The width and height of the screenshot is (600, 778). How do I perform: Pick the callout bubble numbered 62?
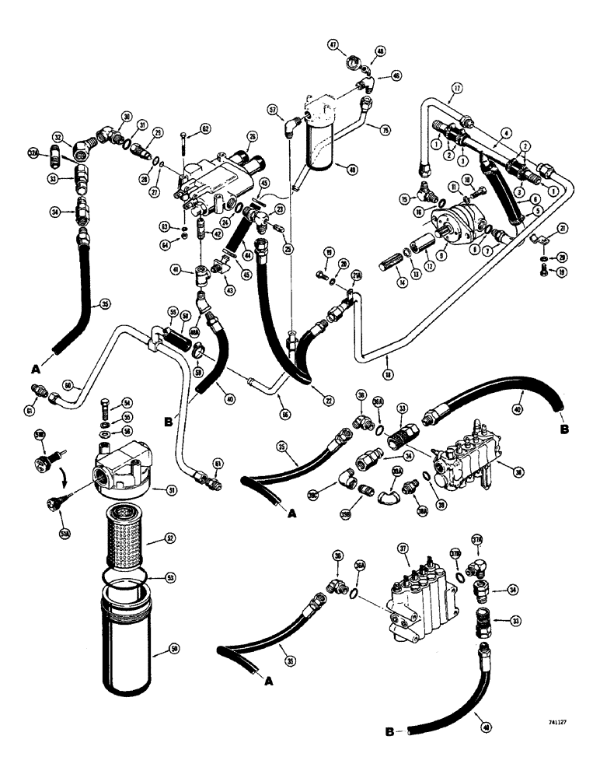pyautogui.click(x=205, y=128)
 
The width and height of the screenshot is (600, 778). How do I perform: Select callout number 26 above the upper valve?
pyautogui.click(x=251, y=137)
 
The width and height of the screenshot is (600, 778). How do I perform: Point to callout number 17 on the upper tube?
pyautogui.click(x=457, y=89)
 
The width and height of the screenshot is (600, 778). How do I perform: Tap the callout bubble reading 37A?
pyautogui.click(x=476, y=541)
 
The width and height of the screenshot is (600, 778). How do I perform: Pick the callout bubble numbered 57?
pyautogui.click(x=272, y=109)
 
